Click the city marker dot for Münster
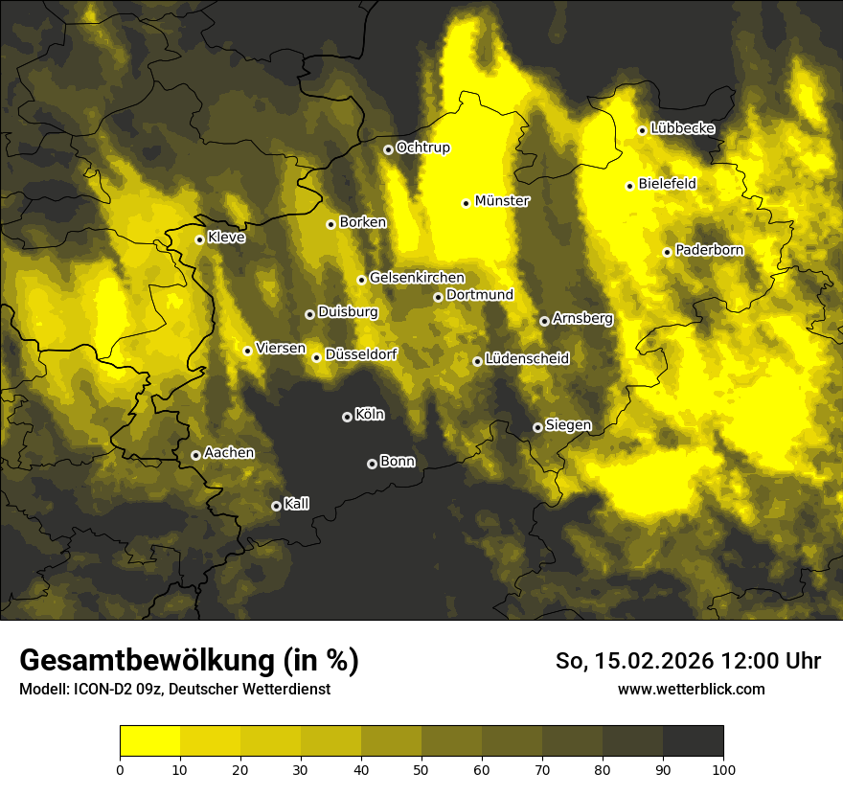(467, 203)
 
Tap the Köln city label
(370, 415)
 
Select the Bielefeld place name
(667, 184)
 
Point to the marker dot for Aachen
(195, 455)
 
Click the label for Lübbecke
(682, 128)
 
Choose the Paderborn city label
(709, 250)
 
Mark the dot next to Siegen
(537, 427)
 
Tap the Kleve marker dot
(199, 239)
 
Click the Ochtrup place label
(422, 148)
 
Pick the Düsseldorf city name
(360, 354)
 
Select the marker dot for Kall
(276, 506)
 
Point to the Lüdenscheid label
(527, 359)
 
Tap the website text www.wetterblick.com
(691, 689)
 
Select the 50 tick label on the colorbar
(421, 768)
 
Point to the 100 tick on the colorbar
(723, 768)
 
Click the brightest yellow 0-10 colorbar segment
(149, 741)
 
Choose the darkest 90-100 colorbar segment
(693, 741)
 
